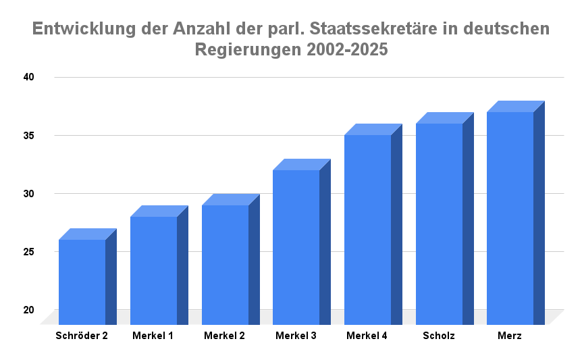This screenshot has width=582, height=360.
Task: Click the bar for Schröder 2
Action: (x=82, y=282)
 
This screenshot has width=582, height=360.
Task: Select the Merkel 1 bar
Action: (x=154, y=270)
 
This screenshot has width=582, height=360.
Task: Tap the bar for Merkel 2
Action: (x=226, y=265)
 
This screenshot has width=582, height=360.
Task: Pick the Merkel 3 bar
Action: (x=296, y=247)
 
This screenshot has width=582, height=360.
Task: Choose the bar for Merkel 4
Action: (x=368, y=230)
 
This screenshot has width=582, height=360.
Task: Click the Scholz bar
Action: (x=440, y=224)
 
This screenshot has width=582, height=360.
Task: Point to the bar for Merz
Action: (x=510, y=218)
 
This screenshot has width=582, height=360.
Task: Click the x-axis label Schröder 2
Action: (x=82, y=336)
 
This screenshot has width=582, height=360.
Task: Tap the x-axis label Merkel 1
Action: (x=153, y=336)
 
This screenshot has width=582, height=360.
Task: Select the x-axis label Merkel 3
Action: (x=296, y=336)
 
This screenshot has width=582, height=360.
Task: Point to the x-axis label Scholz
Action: (x=439, y=336)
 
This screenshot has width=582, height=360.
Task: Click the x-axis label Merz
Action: (x=510, y=336)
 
